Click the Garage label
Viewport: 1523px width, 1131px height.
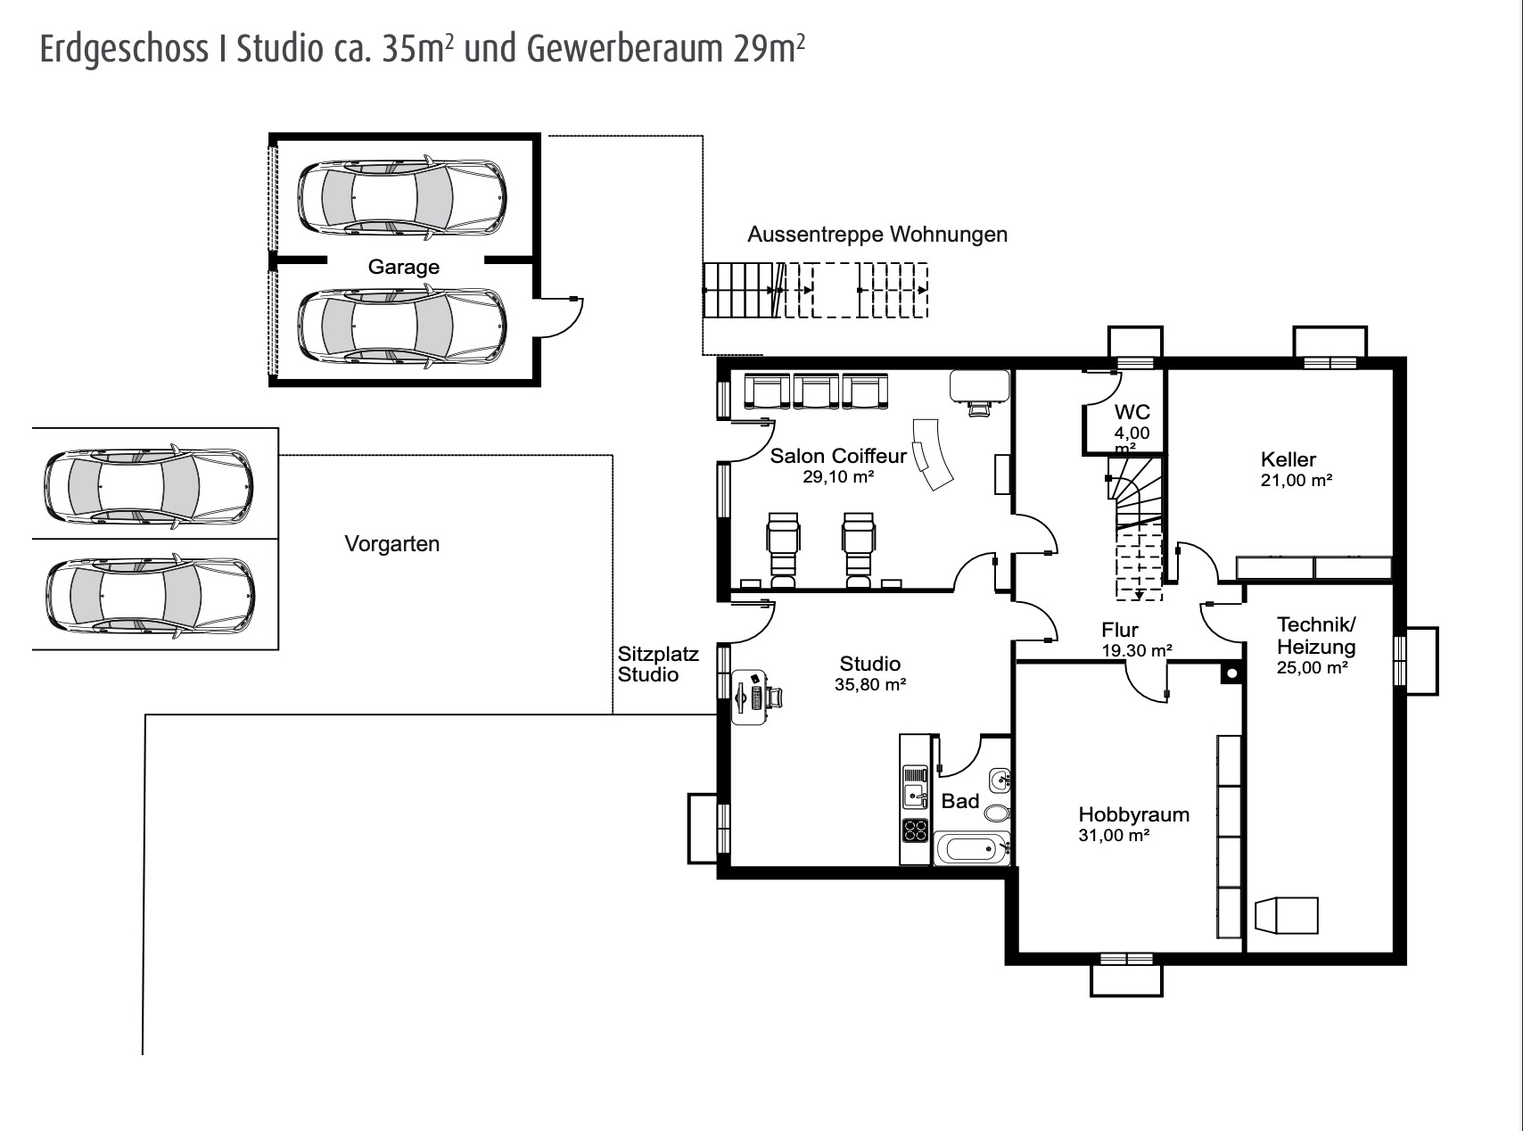tap(404, 267)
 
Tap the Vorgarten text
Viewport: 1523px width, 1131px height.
tap(391, 544)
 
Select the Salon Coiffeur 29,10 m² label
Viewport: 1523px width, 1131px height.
tap(837, 465)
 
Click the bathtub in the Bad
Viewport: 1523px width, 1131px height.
tap(971, 848)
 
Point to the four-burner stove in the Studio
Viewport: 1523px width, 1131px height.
tap(915, 831)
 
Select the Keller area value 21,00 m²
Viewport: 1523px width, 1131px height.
tap(1296, 481)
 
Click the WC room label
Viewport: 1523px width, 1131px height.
tap(1132, 412)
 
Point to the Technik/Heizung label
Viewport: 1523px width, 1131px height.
tap(1315, 636)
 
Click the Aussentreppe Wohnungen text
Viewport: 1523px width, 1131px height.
tap(877, 235)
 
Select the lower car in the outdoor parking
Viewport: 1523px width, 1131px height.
tap(150, 597)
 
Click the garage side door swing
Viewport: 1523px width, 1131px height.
tap(561, 317)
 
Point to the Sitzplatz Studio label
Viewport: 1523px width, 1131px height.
tap(658, 665)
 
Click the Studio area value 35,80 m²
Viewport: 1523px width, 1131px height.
tap(870, 685)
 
